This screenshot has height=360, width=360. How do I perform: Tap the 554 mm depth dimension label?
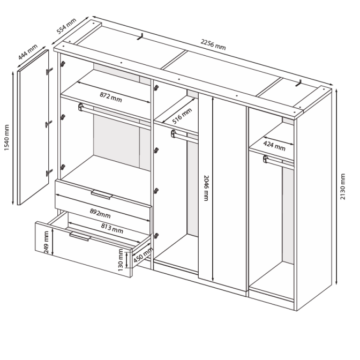[x=66, y=26]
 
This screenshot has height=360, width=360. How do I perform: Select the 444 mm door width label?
[x=28, y=52]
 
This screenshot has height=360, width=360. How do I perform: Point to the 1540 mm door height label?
[x=6, y=138]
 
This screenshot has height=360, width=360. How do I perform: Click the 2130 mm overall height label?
[x=342, y=186]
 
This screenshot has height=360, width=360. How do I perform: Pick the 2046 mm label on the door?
[x=206, y=188]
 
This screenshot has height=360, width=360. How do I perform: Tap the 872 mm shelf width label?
[x=111, y=97]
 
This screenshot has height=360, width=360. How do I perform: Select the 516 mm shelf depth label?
[x=182, y=116]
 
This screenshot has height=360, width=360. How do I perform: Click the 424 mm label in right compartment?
[x=274, y=146]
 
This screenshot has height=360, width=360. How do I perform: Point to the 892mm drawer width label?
[x=100, y=214]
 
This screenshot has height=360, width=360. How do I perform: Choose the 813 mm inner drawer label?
[x=112, y=228]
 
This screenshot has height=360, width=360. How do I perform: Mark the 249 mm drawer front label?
[x=46, y=243]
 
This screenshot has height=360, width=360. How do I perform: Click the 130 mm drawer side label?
[x=121, y=260]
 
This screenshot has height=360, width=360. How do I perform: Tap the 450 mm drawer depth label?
[x=143, y=255]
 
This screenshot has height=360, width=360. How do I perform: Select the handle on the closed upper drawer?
[x=102, y=194]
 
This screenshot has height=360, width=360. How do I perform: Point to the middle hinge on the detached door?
[x=49, y=124]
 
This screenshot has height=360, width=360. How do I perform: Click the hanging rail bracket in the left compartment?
[x=80, y=107]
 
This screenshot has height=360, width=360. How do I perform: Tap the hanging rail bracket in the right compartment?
[x=266, y=159]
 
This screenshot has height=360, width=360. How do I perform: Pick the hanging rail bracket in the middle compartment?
[x=174, y=133]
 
